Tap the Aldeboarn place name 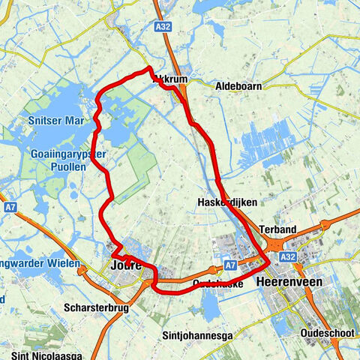pos(238,87)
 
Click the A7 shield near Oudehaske pos(231,265)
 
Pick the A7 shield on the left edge pos(10,205)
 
